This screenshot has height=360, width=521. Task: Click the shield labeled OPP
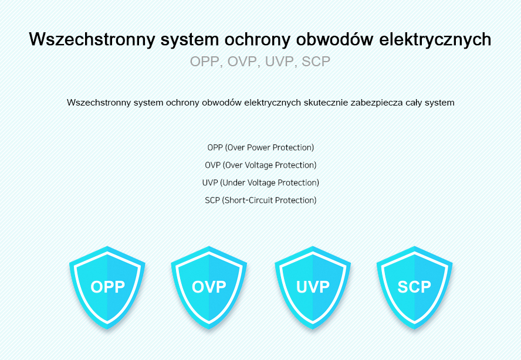107,288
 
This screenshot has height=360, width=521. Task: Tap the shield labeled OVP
209,288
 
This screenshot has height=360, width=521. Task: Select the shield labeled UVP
313,288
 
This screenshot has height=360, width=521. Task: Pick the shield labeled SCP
414,288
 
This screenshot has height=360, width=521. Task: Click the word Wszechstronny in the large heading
92,40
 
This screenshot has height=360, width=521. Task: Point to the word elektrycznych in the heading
435,40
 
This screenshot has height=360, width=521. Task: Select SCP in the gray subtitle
316,62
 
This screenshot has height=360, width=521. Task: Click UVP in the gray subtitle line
279,62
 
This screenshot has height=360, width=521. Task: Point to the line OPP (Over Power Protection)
260,147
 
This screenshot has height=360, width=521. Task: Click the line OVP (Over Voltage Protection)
260,165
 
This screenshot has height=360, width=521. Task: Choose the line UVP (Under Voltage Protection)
260,183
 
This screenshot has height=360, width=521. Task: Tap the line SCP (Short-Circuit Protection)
260,201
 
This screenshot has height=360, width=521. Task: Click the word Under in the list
232,183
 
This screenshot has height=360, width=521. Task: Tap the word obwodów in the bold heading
335,39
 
